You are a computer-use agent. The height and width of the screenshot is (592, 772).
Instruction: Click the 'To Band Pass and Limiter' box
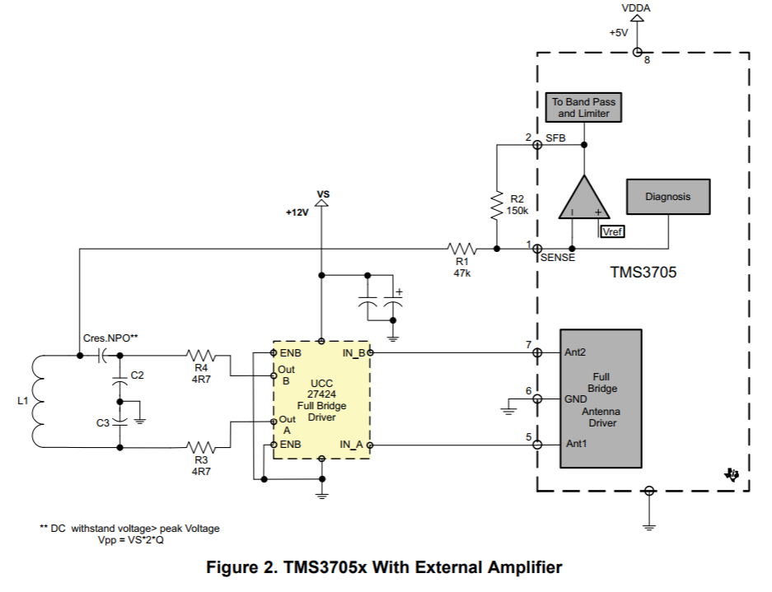coord(583,108)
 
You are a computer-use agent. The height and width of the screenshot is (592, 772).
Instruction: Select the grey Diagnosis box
coord(667,197)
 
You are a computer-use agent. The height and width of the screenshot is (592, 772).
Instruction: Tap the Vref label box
coord(612,231)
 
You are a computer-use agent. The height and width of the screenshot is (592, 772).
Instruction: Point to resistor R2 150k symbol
coord(497,206)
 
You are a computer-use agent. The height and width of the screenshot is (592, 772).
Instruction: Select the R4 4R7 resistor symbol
coord(201,356)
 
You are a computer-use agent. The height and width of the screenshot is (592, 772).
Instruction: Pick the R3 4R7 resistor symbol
coord(201,448)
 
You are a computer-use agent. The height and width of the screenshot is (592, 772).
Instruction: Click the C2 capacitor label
coord(138,375)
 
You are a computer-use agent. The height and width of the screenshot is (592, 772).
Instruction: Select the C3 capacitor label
coord(102,422)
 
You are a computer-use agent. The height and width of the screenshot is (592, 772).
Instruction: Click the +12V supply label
coord(297,212)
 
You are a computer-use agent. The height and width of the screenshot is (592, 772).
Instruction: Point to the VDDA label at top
coord(634,8)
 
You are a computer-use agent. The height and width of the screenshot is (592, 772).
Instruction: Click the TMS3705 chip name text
coord(643,273)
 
